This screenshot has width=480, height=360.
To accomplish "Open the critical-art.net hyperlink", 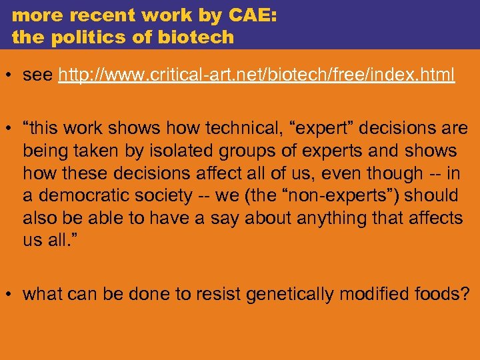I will tap(257, 75).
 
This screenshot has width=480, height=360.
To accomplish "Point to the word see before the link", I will tap(38, 75).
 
